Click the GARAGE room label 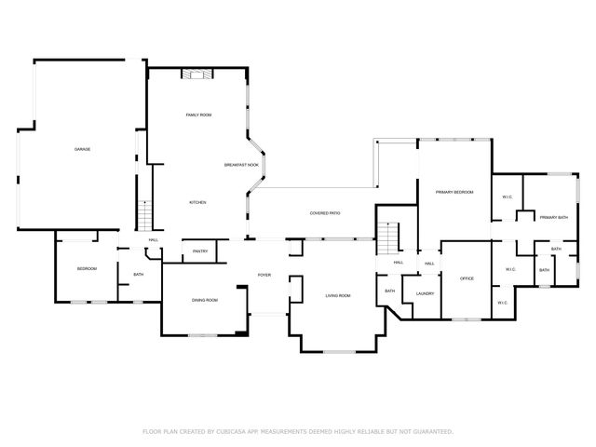(x=82, y=149)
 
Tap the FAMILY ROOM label (x=199, y=115)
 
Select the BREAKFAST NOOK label (x=241, y=165)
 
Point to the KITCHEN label (x=197, y=202)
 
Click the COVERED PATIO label (x=325, y=213)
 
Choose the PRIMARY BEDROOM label (x=454, y=192)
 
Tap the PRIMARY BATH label (x=553, y=217)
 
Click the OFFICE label (x=467, y=278)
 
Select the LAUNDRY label (x=426, y=294)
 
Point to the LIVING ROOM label (x=337, y=295)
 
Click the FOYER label (x=264, y=275)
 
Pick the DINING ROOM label (x=205, y=300)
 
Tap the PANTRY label (x=200, y=251)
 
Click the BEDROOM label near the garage (x=87, y=268)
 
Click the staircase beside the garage (x=145, y=216)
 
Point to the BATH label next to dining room (x=138, y=275)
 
